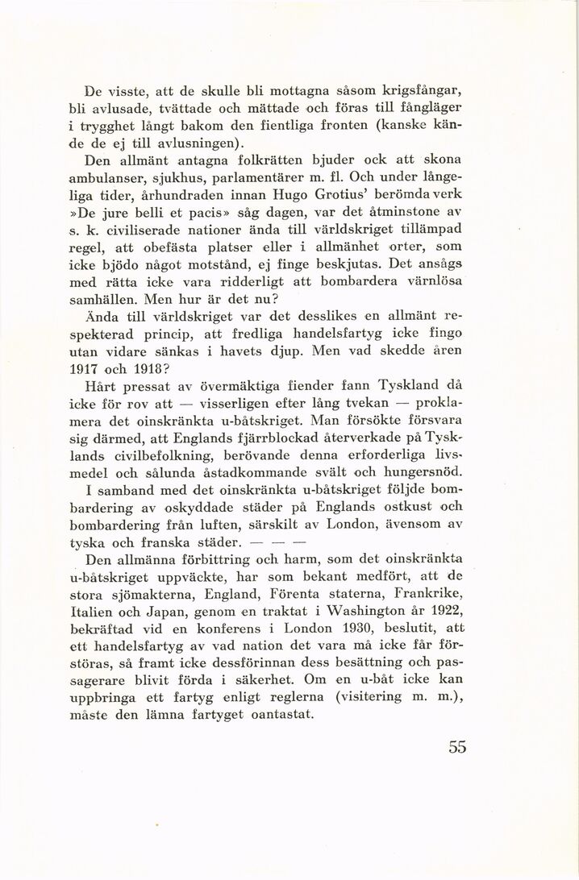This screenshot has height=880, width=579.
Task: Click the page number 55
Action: [x=457, y=746]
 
